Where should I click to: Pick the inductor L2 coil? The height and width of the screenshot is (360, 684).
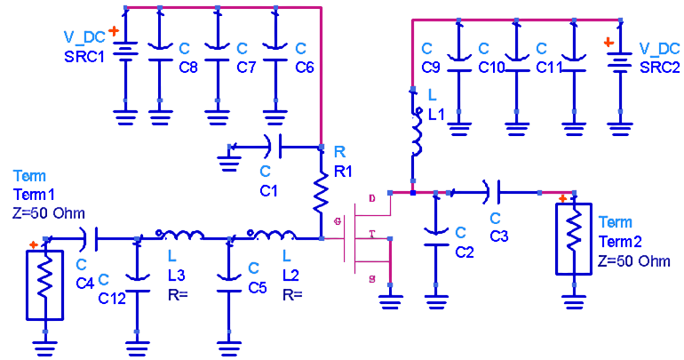pyautogui.click(x=272, y=236)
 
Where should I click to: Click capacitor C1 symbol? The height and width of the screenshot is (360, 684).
pyautogui.click(x=274, y=145)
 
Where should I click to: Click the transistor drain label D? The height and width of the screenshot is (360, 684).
pyautogui.click(x=372, y=198)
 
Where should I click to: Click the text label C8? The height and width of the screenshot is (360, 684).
pyautogui.click(x=187, y=66)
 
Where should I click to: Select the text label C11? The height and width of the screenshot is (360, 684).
pyautogui.click(x=548, y=66)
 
